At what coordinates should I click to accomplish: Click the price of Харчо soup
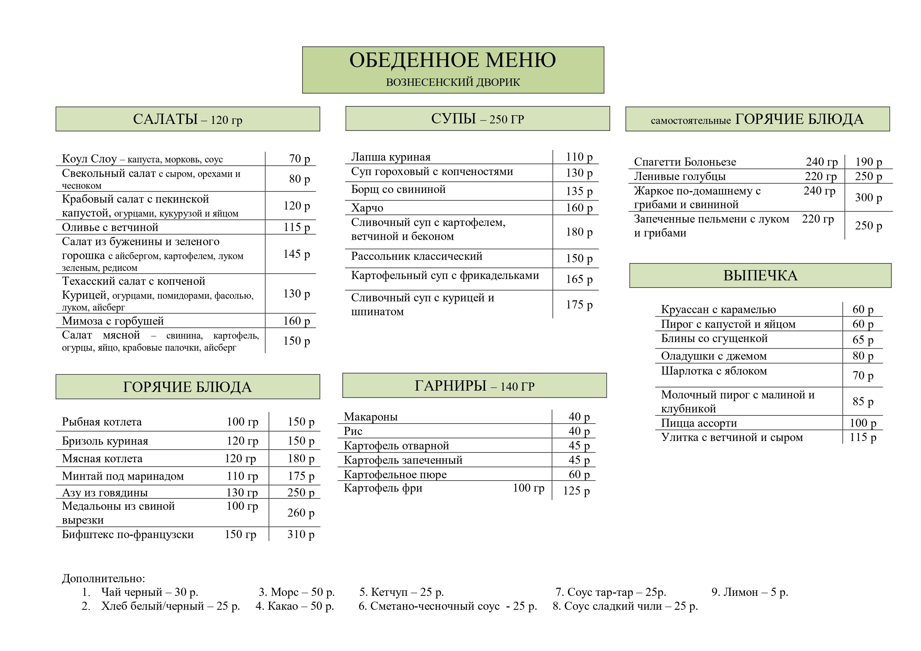(x=579, y=208)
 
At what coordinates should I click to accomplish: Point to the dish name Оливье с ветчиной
(x=110, y=227)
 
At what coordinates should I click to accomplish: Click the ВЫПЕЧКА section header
(x=760, y=276)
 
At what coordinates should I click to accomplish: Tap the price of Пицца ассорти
(x=862, y=423)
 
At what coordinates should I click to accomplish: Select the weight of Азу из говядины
(x=242, y=492)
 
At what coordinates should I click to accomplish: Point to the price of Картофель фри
(x=576, y=491)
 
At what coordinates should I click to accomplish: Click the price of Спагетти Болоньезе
(x=869, y=162)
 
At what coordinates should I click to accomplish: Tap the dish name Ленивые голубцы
(x=680, y=176)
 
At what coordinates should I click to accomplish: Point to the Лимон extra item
(x=750, y=592)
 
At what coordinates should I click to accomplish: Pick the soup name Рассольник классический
(x=416, y=256)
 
